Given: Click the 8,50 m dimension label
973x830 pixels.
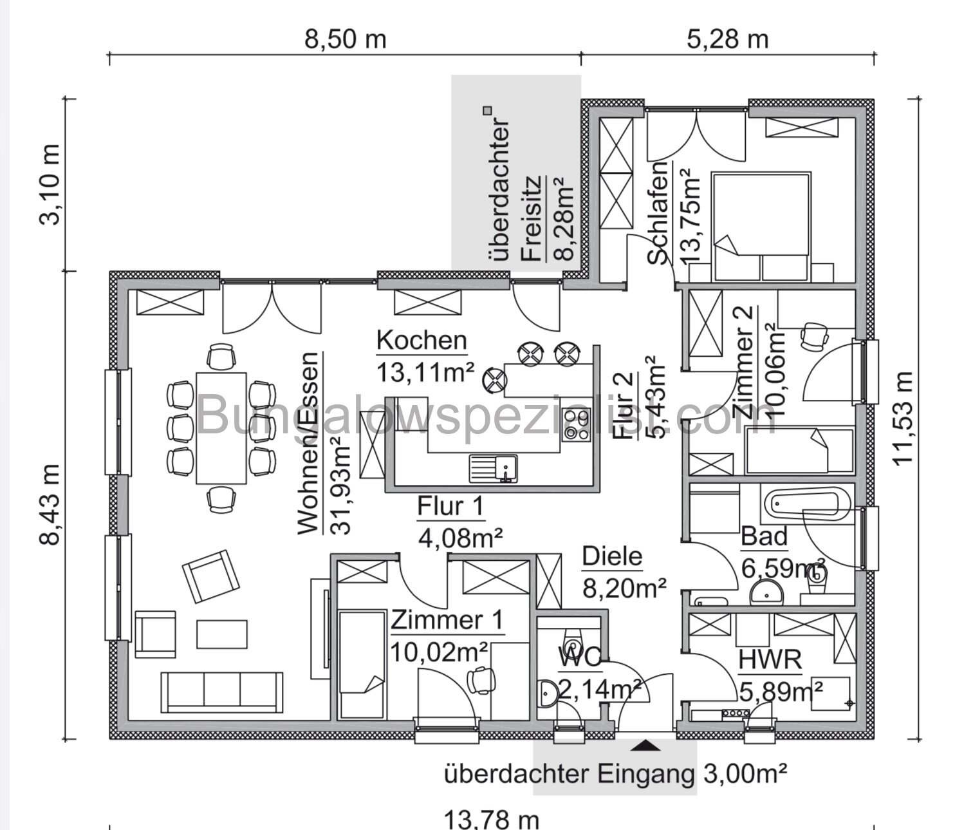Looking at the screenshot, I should coord(345,39).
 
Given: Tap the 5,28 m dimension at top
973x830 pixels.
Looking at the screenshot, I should coord(727,39).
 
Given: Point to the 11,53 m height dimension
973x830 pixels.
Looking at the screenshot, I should coord(904,417).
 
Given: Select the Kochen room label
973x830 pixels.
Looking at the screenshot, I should coord(422,340).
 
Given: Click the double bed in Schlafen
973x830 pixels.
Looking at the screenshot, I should coord(760,225).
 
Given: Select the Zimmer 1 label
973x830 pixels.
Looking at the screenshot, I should coord(447,621).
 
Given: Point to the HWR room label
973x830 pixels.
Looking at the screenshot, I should coord(770,660).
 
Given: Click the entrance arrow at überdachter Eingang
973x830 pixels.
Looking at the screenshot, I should coord(645,746).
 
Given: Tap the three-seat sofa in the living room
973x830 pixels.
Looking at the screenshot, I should coord(222,692).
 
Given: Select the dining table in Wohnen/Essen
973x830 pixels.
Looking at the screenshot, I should coord(221,428).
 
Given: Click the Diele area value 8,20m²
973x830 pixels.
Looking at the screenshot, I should coord(624,587).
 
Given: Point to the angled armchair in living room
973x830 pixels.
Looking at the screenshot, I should coord(207,575).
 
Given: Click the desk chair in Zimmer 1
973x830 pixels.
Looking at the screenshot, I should coord(481,678).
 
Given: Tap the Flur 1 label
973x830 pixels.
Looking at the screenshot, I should coord(450,507).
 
